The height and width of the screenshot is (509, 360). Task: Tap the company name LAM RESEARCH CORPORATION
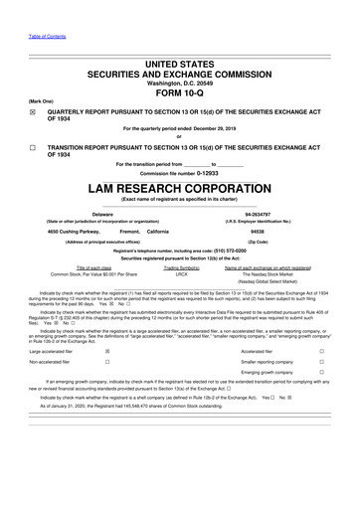[x=180, y=186]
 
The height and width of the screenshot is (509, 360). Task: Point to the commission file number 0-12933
[x=205, y=172]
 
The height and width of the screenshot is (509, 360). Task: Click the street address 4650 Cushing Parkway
[x=58, y=231]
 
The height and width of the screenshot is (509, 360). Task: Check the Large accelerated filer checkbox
[x=107, y=350]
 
